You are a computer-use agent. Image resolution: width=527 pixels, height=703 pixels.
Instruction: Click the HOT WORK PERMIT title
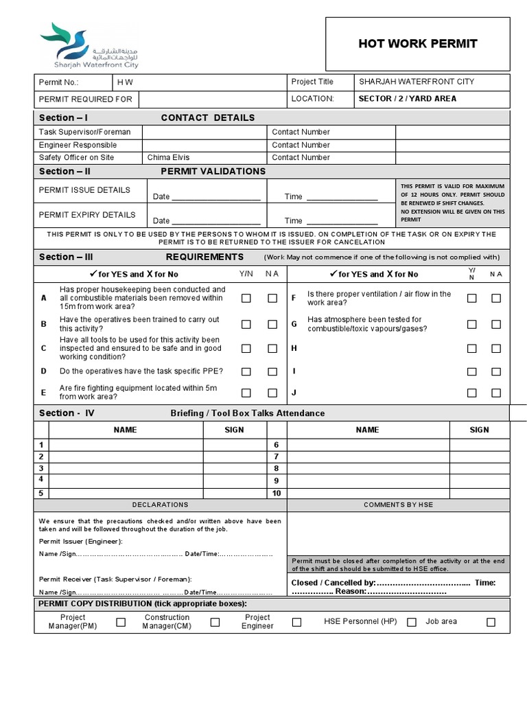[417, 44]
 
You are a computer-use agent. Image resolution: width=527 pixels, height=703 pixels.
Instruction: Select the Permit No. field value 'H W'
[125, 82]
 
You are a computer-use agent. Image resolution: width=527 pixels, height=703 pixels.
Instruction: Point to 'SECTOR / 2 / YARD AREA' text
[407, 99]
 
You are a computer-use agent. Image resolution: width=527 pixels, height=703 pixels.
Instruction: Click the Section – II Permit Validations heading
[151, 171]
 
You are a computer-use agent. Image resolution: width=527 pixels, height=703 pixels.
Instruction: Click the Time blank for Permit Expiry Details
[342, 220]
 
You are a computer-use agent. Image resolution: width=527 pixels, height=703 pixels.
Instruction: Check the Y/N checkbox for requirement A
[246, 298]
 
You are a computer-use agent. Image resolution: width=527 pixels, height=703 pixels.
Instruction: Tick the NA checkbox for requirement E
[272, 393]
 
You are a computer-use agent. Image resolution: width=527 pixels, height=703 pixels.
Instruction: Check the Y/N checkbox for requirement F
[472, 298]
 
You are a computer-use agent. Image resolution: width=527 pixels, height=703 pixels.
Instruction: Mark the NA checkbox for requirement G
[496, 324]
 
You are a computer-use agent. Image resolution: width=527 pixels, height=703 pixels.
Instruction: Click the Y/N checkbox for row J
[472, 393]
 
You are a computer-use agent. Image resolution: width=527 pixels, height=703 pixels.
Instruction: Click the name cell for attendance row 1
[126, 446]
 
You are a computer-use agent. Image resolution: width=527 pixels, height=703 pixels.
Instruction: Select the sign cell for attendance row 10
[480, 493]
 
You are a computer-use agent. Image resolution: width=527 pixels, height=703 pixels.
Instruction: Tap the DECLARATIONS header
[160, 505]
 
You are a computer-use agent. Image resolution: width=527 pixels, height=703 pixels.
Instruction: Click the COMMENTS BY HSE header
[398, 505]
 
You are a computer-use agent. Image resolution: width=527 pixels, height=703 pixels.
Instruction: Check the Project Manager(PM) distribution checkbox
[121, 622]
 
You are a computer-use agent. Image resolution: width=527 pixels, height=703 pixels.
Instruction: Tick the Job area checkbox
[491, 622]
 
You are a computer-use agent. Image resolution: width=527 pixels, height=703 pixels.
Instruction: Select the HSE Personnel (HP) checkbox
[412, 622]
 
